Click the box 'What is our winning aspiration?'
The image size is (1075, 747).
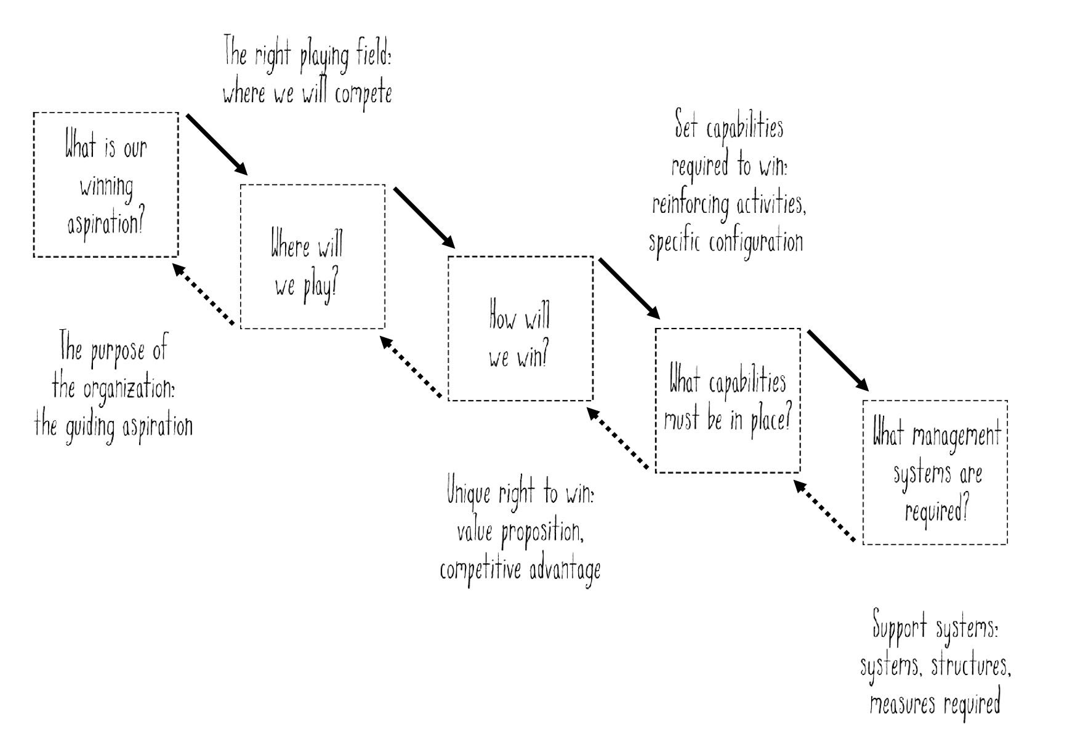pos(106,185)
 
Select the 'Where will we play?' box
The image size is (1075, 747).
pos(312,257)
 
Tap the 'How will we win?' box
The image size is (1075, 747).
pos(520,329)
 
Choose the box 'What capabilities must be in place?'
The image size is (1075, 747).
pos(728,401)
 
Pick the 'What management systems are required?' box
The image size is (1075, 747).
pos(935,473)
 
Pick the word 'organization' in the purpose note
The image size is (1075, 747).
pos(127,389)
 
